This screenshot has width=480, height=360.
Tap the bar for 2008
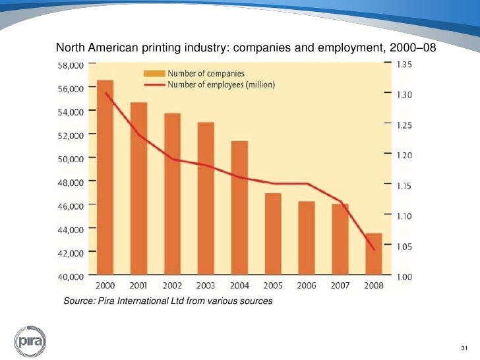[x=373, y=254]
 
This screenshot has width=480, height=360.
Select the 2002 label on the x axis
[x=172, y=285]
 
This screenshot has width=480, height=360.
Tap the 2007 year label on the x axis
[x=340, y=285]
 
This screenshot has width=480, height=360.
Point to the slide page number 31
[x=464, y=348]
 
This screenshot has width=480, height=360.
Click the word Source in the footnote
[x=77, y=301]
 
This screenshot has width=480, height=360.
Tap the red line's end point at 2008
[x=374, y=250]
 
